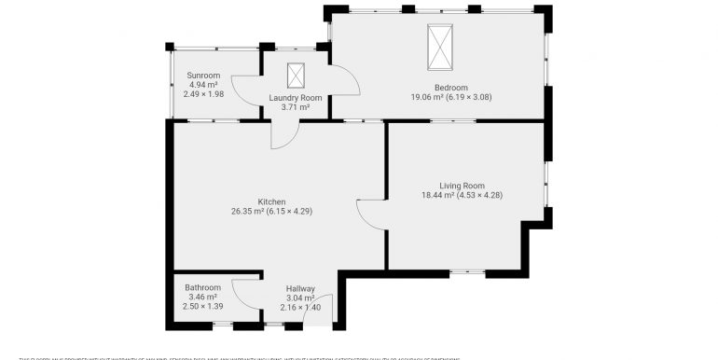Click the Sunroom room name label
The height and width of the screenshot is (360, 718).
click(x=202, y=75)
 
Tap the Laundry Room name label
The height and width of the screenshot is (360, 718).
click(x=296, y=98)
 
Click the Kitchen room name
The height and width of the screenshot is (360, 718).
click(x=271, y=201)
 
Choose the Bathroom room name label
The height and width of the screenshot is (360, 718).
click(x=202, y=287)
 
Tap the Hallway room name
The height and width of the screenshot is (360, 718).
click(x=300, y=288)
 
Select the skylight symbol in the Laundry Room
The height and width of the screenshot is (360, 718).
click(x=296, y=75)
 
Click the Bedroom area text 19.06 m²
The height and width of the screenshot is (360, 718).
click(x=428, y=96)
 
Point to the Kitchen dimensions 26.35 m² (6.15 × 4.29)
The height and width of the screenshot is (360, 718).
click(x=271, y=211)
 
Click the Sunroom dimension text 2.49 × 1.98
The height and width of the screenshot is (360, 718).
click(x=202, y=93)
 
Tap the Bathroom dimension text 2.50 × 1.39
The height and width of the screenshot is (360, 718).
click(x=202, y=306)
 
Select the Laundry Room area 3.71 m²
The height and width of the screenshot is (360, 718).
click(x=296, y=107)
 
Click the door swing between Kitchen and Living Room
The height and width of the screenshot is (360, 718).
click(x=371, y=214)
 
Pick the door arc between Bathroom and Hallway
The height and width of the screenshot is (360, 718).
click(x=245, y=292)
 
